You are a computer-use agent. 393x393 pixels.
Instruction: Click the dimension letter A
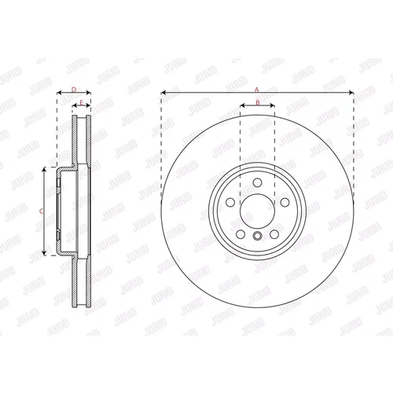click(257, 90)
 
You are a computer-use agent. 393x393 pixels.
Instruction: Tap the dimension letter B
click(258, 103)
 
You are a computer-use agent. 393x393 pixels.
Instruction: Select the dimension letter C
click(41, 211)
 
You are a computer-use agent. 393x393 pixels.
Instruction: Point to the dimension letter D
click(74, 90)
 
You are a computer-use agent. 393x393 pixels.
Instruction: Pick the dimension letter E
click(81, 103)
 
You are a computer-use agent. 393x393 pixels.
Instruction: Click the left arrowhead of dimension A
click(163, 93)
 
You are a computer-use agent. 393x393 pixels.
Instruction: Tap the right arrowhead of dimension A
click(351, 93)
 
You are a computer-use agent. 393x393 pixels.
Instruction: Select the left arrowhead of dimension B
click(243, 105)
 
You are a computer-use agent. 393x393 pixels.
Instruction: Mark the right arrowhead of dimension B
click(272, 105)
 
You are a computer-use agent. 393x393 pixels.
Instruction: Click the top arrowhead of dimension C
click(44, 170)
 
